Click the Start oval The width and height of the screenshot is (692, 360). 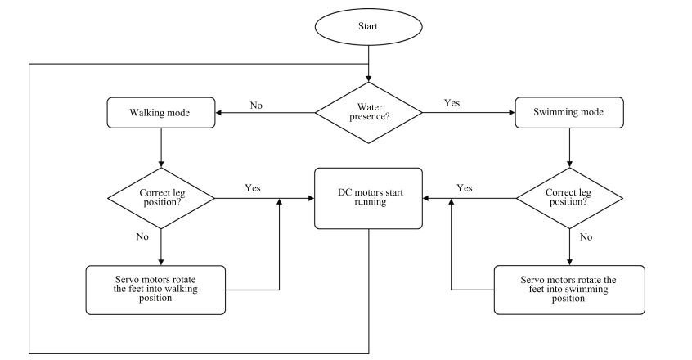point(368,26)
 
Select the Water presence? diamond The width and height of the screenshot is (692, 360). point(368,112)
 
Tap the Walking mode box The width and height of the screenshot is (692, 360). point(161,113)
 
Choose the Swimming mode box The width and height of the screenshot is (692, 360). point(568,113)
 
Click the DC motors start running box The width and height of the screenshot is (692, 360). point(369,197)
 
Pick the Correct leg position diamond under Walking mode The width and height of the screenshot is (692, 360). point(161,197)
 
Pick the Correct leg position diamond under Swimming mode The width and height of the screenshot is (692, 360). point(568,197)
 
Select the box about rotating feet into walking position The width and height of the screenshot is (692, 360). point(156,290)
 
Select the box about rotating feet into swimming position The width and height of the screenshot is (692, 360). point(568,290)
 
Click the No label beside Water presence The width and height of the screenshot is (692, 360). point(256,105)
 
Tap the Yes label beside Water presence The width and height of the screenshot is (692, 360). point(452,103)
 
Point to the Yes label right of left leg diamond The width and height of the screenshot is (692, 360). point(253,187)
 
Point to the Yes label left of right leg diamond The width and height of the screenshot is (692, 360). point(465,187)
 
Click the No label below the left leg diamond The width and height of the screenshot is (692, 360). point(143,236)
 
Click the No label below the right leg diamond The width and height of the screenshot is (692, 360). point(586,236)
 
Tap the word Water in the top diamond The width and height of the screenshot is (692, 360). point(368,106)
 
